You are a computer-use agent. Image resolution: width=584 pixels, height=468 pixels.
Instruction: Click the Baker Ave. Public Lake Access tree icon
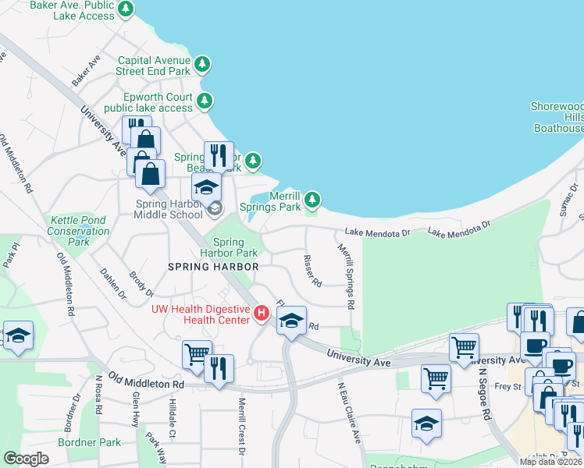tap(126, 9)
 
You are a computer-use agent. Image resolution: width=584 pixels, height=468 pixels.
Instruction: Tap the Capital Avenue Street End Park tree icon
tap(202, 64)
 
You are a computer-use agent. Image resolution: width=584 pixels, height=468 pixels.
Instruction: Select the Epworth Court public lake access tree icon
tap(205, 101)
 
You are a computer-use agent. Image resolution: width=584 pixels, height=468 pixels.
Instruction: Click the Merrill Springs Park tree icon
tap(312, 200)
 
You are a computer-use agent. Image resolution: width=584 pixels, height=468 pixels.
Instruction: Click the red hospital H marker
tap(262, 314)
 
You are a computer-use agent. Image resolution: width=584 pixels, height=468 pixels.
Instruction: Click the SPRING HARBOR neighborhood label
tap(213, 267)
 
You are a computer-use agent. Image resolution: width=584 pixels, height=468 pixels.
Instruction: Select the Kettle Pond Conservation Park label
tap(78, 232)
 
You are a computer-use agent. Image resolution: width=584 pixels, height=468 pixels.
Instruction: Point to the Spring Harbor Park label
tap(229, 248)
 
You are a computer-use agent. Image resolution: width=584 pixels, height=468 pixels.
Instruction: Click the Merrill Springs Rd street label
tap(347, 276)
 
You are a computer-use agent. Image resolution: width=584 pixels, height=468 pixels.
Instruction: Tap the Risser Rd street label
tap(312, 271)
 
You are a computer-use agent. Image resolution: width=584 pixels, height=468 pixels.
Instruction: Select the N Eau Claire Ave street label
tap(349, 413)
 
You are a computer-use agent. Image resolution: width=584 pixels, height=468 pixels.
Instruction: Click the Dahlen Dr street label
tap(113, 283)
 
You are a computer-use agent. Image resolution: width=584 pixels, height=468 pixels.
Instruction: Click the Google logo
tap(27, 458)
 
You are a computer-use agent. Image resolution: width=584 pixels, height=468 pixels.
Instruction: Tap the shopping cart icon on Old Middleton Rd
tap(196, 355)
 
